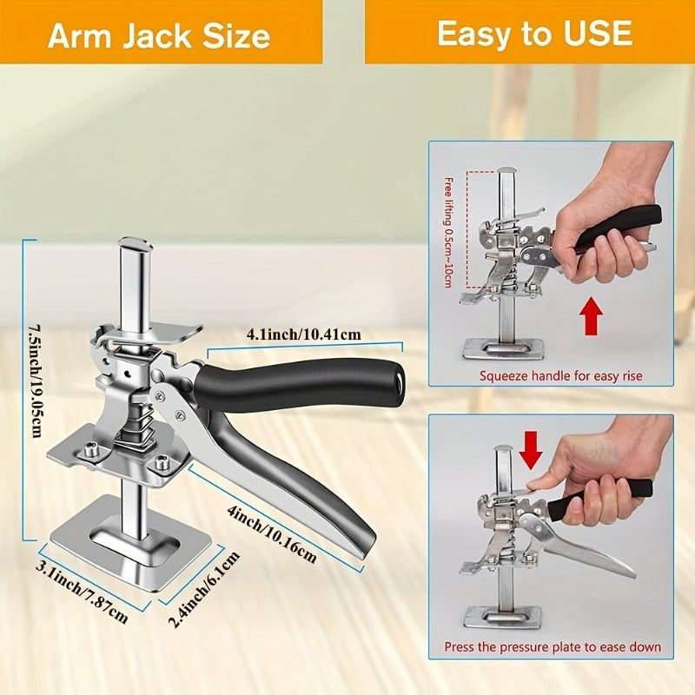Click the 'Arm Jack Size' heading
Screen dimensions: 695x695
coord(159,35)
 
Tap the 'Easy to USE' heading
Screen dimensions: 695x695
coord(533,33)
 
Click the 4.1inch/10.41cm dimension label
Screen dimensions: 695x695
coord(304,334)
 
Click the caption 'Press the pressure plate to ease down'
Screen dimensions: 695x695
coord(553,647)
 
